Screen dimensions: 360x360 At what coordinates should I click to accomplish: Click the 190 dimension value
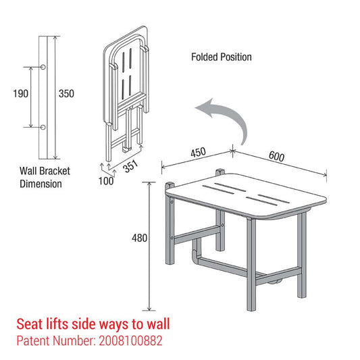pyautogui.click(x=20, y=94)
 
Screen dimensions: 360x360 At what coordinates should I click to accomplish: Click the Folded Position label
pyautogui.click(x=221, y=57)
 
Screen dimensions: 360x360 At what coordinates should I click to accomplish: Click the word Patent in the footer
pyautogui.click(x=33, y=342)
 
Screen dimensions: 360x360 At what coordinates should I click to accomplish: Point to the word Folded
pyautogui.click(x=204, y=57)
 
